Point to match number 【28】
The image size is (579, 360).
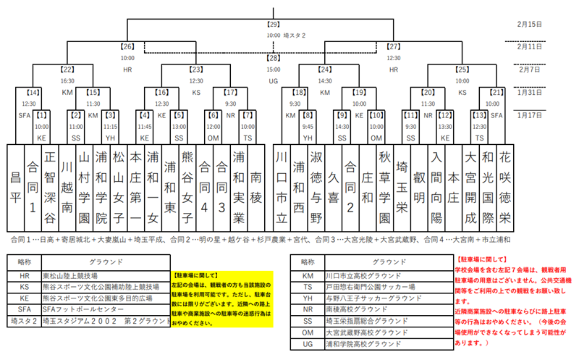tap(273, 58)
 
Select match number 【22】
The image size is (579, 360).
tap(67, 70)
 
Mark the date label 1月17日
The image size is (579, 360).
tap(531, 115)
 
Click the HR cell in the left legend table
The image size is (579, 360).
tap(25, 275)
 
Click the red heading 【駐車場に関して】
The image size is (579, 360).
tap(481, 258)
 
